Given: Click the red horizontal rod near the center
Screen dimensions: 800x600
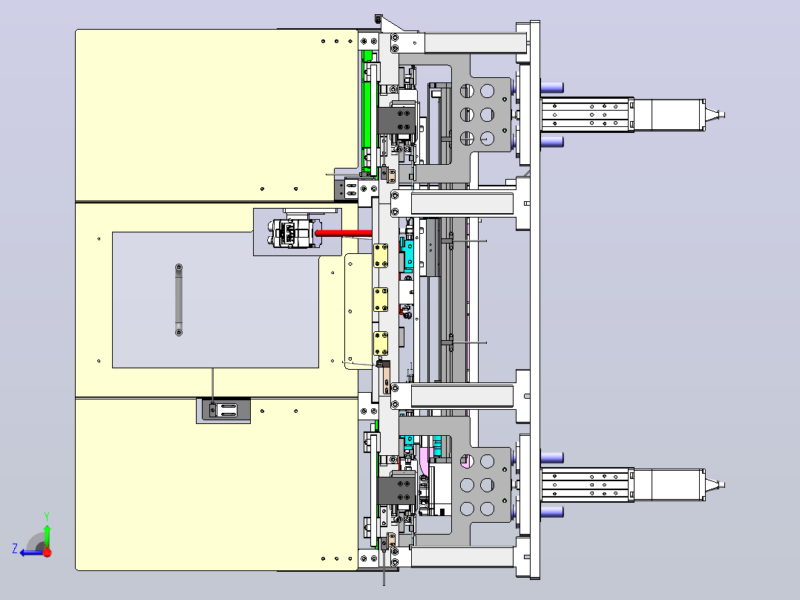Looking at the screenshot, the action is (344, 233).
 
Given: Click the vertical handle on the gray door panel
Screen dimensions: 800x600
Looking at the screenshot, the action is (179, 300).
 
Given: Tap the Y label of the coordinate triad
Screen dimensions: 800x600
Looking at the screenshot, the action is (47, 516).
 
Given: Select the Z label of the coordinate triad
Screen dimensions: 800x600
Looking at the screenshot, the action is (15, 549).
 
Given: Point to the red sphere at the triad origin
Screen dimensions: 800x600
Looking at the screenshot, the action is (47, 552).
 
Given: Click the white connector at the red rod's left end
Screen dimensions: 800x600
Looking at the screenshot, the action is (295, 233).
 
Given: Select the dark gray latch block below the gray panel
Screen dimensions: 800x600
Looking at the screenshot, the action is (223, 410).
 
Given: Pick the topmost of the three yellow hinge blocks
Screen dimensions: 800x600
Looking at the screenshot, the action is (381, 255).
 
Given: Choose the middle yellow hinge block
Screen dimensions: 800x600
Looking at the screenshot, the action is (381, 300).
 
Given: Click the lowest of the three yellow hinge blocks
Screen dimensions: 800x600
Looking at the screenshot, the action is (381, 343).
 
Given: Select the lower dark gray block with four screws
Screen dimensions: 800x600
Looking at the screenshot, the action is (396, 490).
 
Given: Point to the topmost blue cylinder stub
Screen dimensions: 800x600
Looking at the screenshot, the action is (552, 88).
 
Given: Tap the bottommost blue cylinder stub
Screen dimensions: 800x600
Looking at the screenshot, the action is (552, 512).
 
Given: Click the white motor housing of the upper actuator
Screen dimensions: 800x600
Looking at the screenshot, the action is (669, 115).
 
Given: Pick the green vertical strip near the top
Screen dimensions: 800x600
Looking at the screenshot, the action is (367, 111).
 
